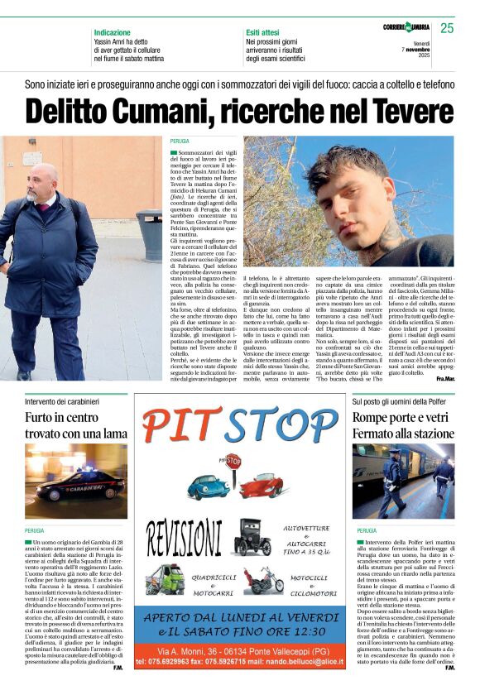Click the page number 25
[x=447, y=28]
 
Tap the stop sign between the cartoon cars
[x=233, y=462]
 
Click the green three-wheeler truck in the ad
[x=166, y=578]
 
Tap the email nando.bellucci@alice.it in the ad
[x=297, y=661]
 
